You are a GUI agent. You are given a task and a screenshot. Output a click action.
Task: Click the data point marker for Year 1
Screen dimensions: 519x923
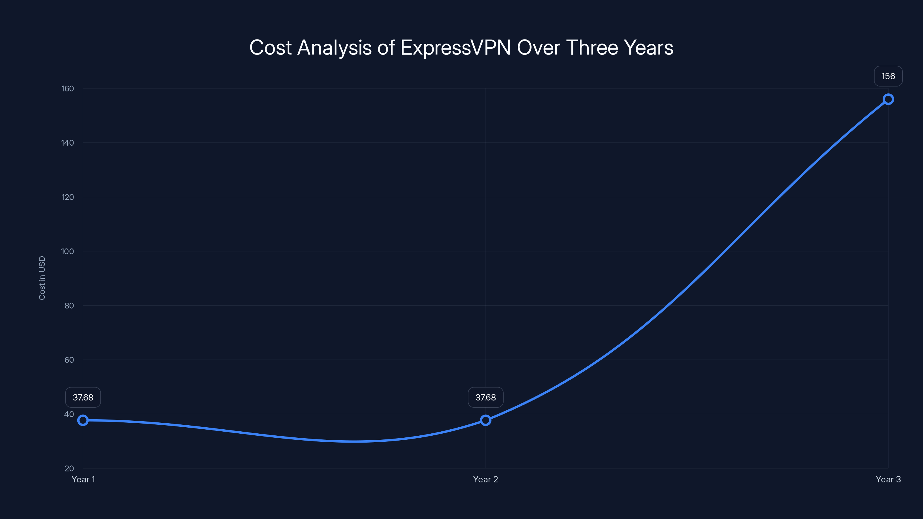(83, 420)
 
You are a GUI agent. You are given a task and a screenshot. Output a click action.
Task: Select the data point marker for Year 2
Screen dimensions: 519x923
(485, 420)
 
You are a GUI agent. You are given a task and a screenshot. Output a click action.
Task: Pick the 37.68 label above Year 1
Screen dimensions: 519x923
(83, 397)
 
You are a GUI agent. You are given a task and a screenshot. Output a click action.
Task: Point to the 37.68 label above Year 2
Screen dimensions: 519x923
(485, 397)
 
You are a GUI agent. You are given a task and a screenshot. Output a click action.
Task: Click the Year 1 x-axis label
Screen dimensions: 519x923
(83, 479)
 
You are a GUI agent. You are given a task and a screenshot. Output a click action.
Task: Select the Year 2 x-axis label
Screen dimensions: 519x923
(485, 479)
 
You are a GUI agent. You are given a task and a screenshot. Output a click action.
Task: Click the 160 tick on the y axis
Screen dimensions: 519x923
(68, 89)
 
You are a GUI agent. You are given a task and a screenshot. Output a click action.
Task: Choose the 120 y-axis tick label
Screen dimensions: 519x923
(68, 197)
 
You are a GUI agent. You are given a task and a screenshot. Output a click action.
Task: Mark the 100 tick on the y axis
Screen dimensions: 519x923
(67, 251)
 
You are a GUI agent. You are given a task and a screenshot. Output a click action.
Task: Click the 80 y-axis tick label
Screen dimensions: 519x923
(69, 306)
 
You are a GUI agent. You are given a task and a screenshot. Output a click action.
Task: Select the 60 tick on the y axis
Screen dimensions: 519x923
(69, 360)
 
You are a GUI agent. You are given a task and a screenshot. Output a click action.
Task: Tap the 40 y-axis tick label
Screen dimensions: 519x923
(69, 414)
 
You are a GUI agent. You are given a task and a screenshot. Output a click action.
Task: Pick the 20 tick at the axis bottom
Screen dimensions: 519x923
(69, 468)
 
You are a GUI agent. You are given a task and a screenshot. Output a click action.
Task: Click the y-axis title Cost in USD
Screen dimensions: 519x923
(42, 278)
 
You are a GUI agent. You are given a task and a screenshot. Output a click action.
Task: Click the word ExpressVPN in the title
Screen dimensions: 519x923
(455, 48)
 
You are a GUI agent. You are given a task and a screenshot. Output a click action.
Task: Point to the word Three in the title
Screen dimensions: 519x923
(592, 48)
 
